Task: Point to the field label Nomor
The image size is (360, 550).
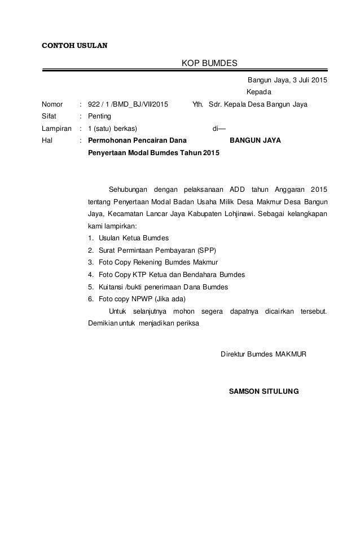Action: [x=52, y=104]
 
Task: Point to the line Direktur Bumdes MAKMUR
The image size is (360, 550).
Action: [x=263, y=354]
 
